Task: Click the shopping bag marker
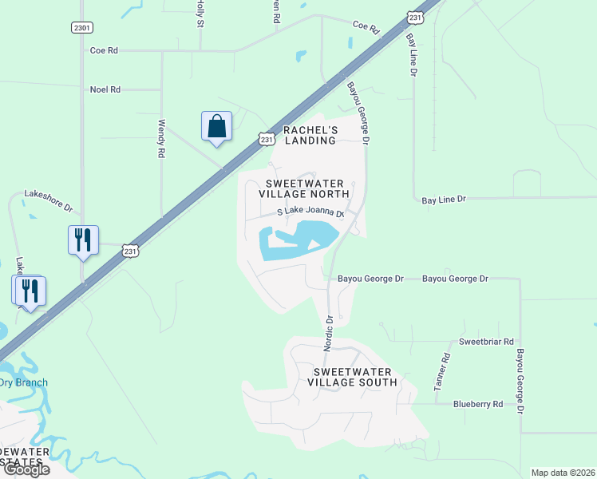[216, 127]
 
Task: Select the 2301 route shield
[81, 28]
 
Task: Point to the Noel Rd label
[105, 89]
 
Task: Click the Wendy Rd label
[161, 137]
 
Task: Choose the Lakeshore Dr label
[48, 200]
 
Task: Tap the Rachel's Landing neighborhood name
[310, 135]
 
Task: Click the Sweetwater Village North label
[304, 188]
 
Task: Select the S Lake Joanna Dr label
[310, 213]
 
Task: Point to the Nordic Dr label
[328, 332]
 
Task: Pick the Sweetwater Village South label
[352, 377]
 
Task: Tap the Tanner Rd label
[439, 373]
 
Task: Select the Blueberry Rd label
[477, 405]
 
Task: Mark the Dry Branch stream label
[24, 382]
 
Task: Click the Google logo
[26, 469]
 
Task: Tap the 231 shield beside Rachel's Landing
[267, 139]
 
